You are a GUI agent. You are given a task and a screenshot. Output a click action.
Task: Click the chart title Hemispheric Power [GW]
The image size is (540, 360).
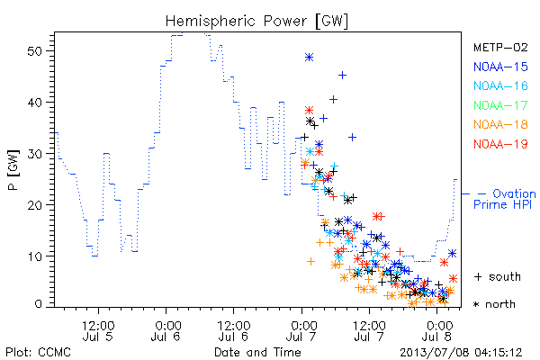pyautogui.click(x=256, y=22)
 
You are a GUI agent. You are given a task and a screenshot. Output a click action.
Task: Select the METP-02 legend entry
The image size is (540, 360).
pyautogui.click(x=500, y=47)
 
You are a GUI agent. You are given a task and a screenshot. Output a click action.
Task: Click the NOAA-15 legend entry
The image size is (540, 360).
pyautogui.click(x=500, y=67)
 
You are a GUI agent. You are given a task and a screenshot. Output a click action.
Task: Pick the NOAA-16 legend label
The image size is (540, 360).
pyautogui.click(x=500, y=85)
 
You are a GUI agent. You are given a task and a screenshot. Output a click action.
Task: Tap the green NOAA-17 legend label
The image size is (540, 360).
pyautogui.click(x=500, y=105)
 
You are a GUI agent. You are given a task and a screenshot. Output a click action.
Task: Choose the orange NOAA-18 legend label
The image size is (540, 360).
pyautogui.click(x=500, y=124)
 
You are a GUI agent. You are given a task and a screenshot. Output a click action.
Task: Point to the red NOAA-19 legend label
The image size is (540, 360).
pyautogui.click(x=500, y=144)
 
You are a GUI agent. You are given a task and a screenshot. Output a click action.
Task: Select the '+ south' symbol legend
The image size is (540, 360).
pyautogui.click(x=498, y=276)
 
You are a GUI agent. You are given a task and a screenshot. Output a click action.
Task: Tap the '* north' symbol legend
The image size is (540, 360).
pyautogui.click(x=494, y=304)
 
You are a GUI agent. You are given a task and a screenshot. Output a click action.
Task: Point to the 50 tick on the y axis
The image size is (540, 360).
pyautogui.click(x=34, y=51)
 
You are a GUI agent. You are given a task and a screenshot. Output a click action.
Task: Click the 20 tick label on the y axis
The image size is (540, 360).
pyautogui.click(x=34, y=205)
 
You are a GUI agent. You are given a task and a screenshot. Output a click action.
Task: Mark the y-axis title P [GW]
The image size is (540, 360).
pyautogui.click(x=13, y=170)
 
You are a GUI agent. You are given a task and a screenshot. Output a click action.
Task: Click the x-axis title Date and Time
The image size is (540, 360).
pyautogui.click(x=257, y=353)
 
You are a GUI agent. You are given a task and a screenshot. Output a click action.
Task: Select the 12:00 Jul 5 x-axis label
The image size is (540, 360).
pyautogui.click(x=98, y=331)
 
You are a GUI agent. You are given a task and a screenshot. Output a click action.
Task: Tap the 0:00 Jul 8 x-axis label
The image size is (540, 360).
pyautogui.click(x=436, y=331)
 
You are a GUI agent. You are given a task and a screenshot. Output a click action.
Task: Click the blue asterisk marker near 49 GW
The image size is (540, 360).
pyautogui.click(x=310, y=58)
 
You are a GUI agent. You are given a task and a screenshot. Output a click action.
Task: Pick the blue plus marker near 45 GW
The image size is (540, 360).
pyautogui.click(x=342, y=75)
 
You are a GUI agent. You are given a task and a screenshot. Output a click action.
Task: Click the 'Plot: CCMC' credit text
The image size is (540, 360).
pyautogui.click(x=38, y=353)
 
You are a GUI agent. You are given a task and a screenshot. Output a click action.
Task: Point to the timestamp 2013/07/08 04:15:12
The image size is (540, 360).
pyautogui.click(x=461, y=353)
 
